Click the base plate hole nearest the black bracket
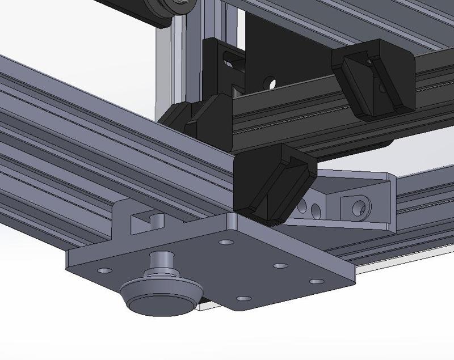tap(226, 242)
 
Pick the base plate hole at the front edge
tap(243, 298)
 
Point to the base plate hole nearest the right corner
tap(316, 281)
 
